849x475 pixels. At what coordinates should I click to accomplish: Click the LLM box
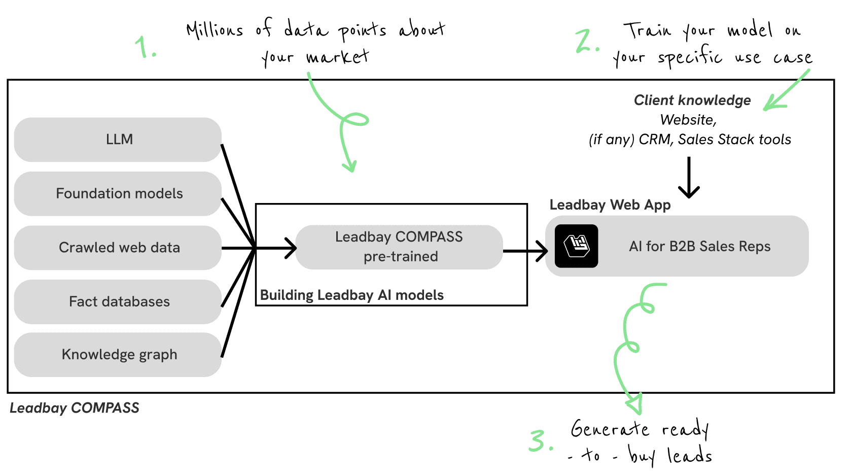(118, 140)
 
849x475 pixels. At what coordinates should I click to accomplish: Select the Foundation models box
(118, 193)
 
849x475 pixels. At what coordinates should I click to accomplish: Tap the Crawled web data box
(118, 248)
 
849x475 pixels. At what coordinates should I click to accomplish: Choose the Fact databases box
(118, 301)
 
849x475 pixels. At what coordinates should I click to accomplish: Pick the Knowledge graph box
(118, 354)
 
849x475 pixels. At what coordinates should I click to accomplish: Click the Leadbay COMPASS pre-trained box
(399, 247)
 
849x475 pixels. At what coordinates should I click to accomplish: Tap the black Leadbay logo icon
(576, 246)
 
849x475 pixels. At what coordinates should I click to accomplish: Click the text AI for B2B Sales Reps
(699, 247)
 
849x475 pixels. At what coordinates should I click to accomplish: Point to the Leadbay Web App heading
(610, 205)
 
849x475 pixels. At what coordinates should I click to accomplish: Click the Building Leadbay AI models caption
(351, 295)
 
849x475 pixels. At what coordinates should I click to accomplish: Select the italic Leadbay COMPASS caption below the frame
(75, 408)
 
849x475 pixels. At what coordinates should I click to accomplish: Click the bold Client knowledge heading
(692, 100)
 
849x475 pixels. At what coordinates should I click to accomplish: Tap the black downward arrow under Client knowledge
(689, 178)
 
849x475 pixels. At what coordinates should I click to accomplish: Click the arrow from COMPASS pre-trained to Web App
(525, 250)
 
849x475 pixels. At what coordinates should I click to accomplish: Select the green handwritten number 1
(145, 47)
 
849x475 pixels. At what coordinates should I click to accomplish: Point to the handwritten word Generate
(609, 429)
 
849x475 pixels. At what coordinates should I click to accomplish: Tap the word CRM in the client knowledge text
(655, 140)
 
